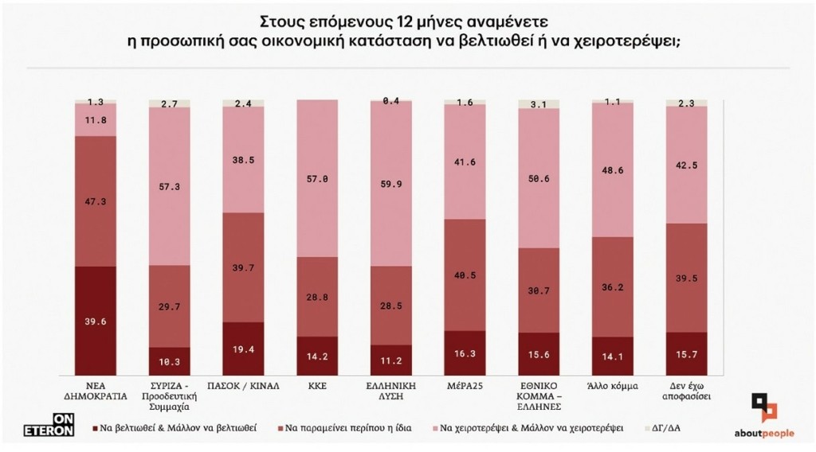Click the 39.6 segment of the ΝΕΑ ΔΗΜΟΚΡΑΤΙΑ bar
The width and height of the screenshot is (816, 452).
click(x=96, y=321)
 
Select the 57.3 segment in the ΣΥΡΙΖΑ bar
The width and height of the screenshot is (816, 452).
click(x=169, y=186)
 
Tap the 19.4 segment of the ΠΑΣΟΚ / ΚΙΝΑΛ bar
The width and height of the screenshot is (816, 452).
click(x=243, y=349)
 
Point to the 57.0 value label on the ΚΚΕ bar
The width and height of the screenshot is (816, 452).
click(x=317, y=179)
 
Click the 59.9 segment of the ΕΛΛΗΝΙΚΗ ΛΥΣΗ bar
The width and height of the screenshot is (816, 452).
click(x=390, y=184)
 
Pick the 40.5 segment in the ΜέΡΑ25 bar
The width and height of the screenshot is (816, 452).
click(x=465, y=275)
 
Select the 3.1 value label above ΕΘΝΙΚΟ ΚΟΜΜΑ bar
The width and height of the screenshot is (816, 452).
click(x=539, y=104)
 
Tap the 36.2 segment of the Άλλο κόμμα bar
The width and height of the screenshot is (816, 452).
click(x=613, y=286)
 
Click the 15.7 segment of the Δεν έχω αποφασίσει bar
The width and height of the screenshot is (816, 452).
click(x=686, y=354)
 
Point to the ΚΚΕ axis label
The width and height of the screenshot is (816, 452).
click(x=317, y=386)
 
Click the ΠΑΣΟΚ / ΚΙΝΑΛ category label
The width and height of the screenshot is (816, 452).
click(x=243, y=386)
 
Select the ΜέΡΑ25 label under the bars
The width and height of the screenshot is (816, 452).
click(x=465, y=386)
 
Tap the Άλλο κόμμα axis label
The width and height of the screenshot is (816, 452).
click(x=613, y=386)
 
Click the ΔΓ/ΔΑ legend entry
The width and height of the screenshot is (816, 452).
click(x=662, y=428)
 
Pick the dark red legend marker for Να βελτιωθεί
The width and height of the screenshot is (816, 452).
click(x=96, y=429)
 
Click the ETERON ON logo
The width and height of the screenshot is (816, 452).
click(x=49, y=424)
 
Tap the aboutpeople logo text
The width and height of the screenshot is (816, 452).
click(x=764, y=433)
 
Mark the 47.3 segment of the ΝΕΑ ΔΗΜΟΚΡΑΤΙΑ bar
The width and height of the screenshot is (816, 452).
click(x=96, y=201)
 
